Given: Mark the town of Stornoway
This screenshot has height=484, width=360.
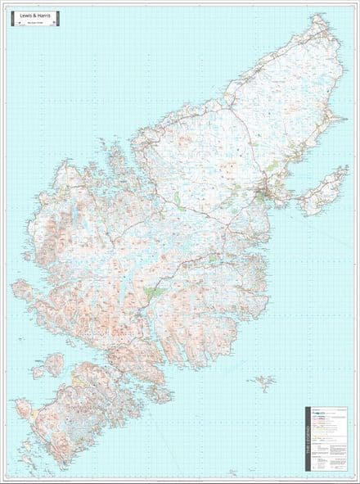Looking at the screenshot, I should click(264, 195).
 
